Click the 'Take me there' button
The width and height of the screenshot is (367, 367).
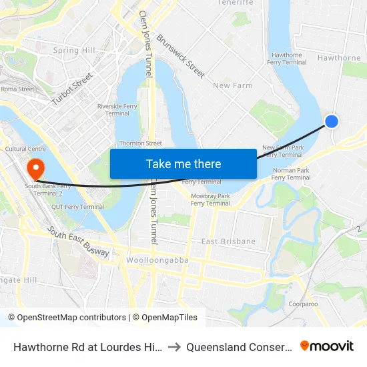click(x=183, y=163)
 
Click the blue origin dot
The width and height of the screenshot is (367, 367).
click(x=331, y=121)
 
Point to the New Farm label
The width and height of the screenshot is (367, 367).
click(x=232, y=85)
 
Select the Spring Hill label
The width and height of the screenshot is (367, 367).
click(x=74, y=50)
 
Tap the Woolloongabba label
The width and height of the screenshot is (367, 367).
click(x=157, y=260)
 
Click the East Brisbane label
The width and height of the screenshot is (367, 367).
click(x=228, y=241)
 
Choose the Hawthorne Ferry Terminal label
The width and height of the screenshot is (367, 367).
click(x=287, y=59)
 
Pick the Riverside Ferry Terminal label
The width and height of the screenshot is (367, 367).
click(x=113, y=109)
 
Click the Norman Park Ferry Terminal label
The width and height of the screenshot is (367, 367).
click(x=291, y=174)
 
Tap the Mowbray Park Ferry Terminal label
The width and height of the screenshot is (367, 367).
click(x=210, y=200)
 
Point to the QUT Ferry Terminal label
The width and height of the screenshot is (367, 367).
click(x=79, y=207)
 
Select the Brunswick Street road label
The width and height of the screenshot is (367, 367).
click(x=180, y=56)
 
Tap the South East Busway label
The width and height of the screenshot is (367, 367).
click(x=79, y=241)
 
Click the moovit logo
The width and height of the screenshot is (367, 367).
click(x=327, y=346)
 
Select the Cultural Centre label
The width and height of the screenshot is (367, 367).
click(x=25, y=148)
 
